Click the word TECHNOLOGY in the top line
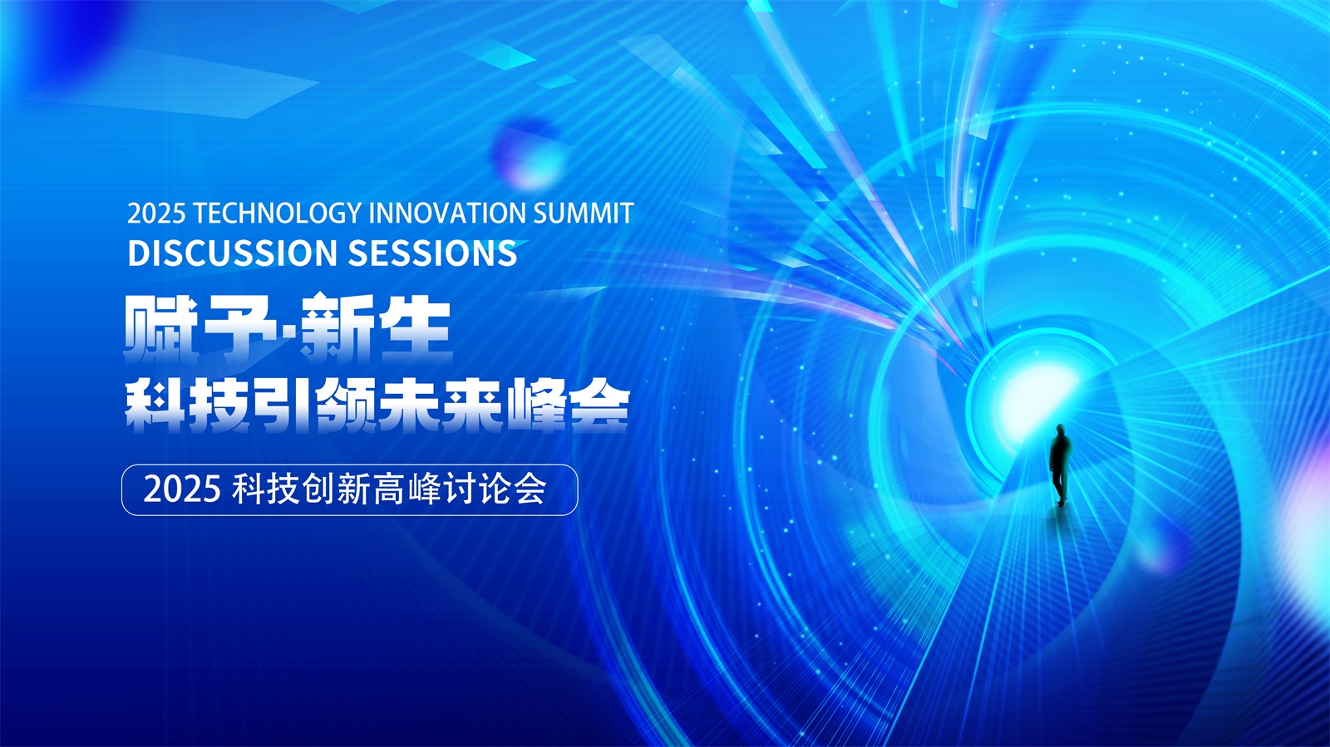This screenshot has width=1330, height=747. [278, 214]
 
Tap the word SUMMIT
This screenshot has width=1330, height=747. [584, 214]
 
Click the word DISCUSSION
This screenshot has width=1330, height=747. [233, 253]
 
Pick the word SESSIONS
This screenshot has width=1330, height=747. [432, 253]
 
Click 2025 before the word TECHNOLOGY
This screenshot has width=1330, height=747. [156, 214]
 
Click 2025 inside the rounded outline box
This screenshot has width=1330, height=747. [182, 490]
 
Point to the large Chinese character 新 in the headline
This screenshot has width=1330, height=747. [336, 327]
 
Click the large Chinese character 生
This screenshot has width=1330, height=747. [415, 327]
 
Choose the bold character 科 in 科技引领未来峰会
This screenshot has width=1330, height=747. [155, 405]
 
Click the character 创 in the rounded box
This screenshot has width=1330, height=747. [319, 490]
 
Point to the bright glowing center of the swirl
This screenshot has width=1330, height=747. [1033, 396]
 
